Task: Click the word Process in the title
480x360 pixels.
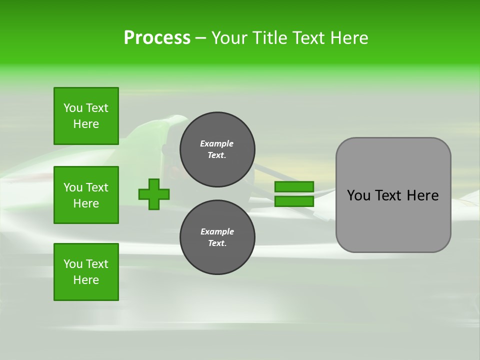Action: [157, 38]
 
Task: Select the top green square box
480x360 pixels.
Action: [86, 116]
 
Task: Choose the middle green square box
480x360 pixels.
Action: [86, 195]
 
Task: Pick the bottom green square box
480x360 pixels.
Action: [86, 272]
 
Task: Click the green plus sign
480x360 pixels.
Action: [154, 194]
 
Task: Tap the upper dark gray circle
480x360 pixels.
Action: [217, 149]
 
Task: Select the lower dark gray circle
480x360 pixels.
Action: [217, 237]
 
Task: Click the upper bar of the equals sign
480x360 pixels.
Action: [294, 187]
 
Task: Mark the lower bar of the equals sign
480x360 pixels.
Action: [294, 201]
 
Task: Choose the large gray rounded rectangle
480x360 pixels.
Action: [393, 195]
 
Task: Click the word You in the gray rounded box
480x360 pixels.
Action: [359, 195]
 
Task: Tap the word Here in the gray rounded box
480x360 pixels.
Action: [422, 195]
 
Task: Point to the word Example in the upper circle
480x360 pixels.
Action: [217, 143]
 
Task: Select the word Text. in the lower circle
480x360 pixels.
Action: [217, 243]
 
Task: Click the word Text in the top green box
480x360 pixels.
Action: [97, 108]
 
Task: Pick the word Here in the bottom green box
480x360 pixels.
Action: [86, 280]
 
